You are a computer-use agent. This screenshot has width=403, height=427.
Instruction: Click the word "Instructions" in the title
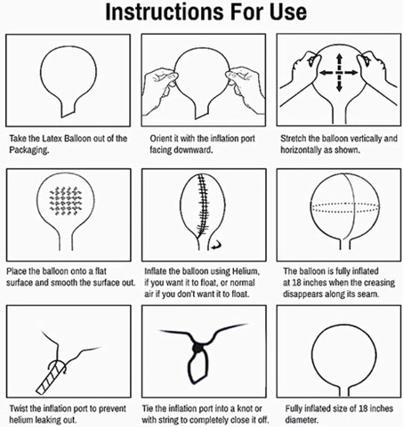coord(165,12)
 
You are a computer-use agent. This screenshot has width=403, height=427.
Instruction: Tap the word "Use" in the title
coord(288,12)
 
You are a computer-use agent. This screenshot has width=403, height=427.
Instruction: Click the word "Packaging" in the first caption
coord(28,150)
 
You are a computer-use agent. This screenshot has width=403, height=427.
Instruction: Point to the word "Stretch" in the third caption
coord(294,139)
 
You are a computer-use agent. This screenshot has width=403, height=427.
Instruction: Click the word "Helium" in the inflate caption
coord(246,271)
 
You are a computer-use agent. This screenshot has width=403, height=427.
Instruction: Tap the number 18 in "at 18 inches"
coord(296,283)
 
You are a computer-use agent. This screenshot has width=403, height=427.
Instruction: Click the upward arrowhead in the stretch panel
coord(340,57)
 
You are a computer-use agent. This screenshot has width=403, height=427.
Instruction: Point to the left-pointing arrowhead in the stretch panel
coord(323,73)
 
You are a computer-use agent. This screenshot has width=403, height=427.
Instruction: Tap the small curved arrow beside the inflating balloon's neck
coord(216,245)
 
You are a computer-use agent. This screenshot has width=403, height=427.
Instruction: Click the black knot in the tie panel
coord(197,348)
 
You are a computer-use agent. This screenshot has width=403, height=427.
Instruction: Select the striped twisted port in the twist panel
coord(51,377)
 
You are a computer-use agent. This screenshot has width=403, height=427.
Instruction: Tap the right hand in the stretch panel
coord(376,73)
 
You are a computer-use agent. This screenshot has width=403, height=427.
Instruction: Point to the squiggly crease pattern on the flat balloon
coord(66,200)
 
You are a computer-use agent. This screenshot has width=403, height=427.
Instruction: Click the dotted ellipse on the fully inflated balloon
coord(344,208)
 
